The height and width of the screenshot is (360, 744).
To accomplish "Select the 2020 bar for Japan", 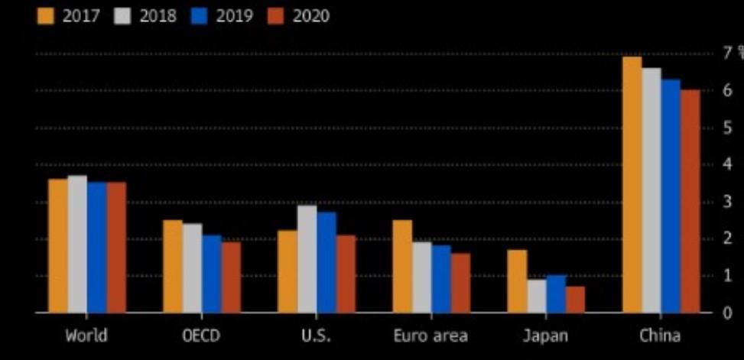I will [575, 299].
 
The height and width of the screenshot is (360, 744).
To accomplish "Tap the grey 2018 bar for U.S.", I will [307, 258].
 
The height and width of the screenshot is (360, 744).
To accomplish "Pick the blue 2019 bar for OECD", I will [212, 274].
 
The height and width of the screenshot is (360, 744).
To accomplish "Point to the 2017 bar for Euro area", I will [402, 266].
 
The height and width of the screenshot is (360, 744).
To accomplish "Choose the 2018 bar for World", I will [77, 244].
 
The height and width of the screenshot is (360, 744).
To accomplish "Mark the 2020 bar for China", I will [690, 201].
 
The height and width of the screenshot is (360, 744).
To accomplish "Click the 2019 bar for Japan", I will [556, 294].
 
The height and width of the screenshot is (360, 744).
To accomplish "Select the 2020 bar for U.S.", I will [346, 274].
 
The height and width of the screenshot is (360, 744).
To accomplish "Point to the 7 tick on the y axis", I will [727, 53].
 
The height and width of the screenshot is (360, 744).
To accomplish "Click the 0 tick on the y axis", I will [727, 313].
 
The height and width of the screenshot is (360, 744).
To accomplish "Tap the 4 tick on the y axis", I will [727, 164].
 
